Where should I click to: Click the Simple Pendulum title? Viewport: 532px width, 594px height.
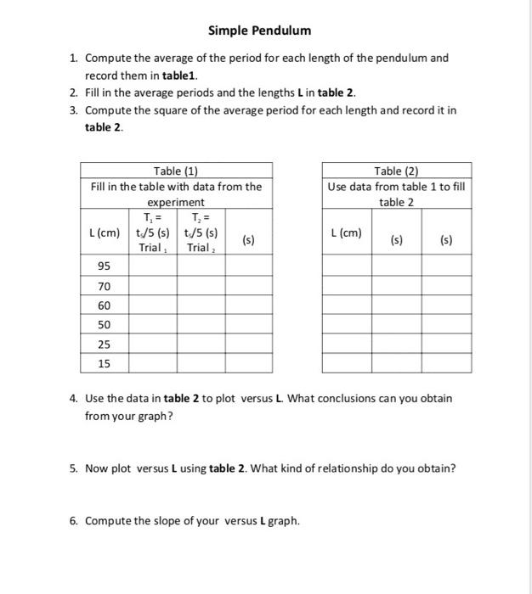pos(260,31)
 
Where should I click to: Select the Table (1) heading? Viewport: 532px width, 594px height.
pos(176,171)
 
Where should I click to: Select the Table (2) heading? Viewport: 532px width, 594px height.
pos(396,171)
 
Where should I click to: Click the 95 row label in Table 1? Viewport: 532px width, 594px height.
pos(104,266)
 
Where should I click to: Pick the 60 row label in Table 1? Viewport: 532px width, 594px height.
pos(104,305)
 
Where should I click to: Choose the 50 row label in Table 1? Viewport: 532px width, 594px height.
pos(104,325)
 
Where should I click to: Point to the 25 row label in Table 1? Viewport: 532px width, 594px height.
pos(104,345)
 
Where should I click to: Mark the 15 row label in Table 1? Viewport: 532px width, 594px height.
pos(104,363)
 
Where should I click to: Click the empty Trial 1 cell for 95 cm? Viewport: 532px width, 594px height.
pos(153,266)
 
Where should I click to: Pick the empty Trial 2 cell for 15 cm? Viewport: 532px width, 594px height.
pos(201,363)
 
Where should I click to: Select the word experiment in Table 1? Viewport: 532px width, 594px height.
pos(176,203)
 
